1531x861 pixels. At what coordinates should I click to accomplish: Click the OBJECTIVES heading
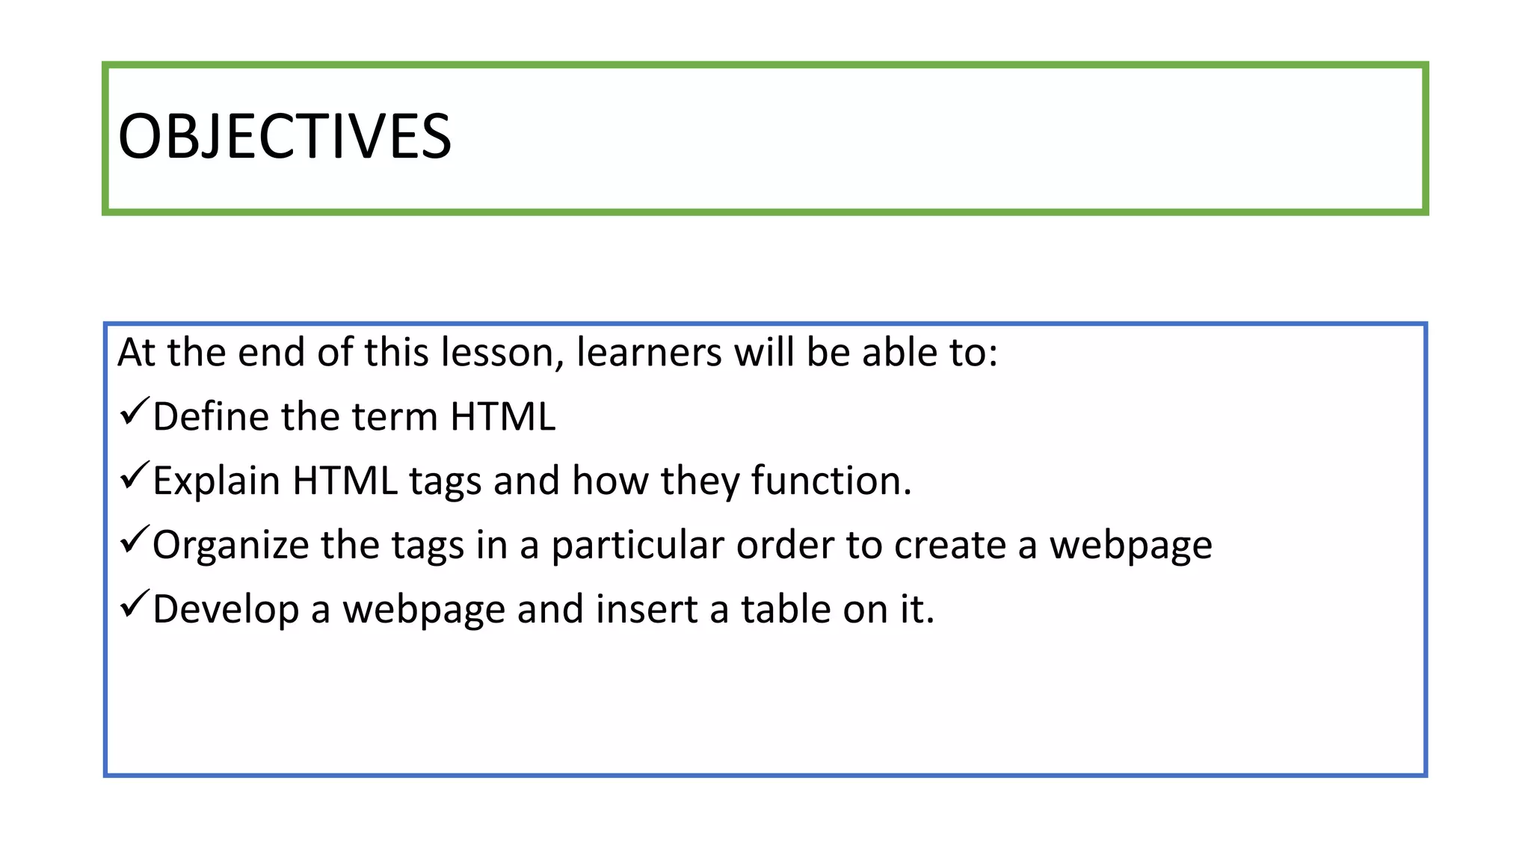285,137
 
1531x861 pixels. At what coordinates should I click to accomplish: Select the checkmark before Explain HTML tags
134,476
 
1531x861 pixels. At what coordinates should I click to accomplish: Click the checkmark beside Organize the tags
134,540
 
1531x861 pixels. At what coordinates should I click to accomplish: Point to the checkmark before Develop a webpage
134,605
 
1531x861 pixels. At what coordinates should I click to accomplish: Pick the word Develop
226,609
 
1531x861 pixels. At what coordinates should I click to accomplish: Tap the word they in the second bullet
700,481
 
